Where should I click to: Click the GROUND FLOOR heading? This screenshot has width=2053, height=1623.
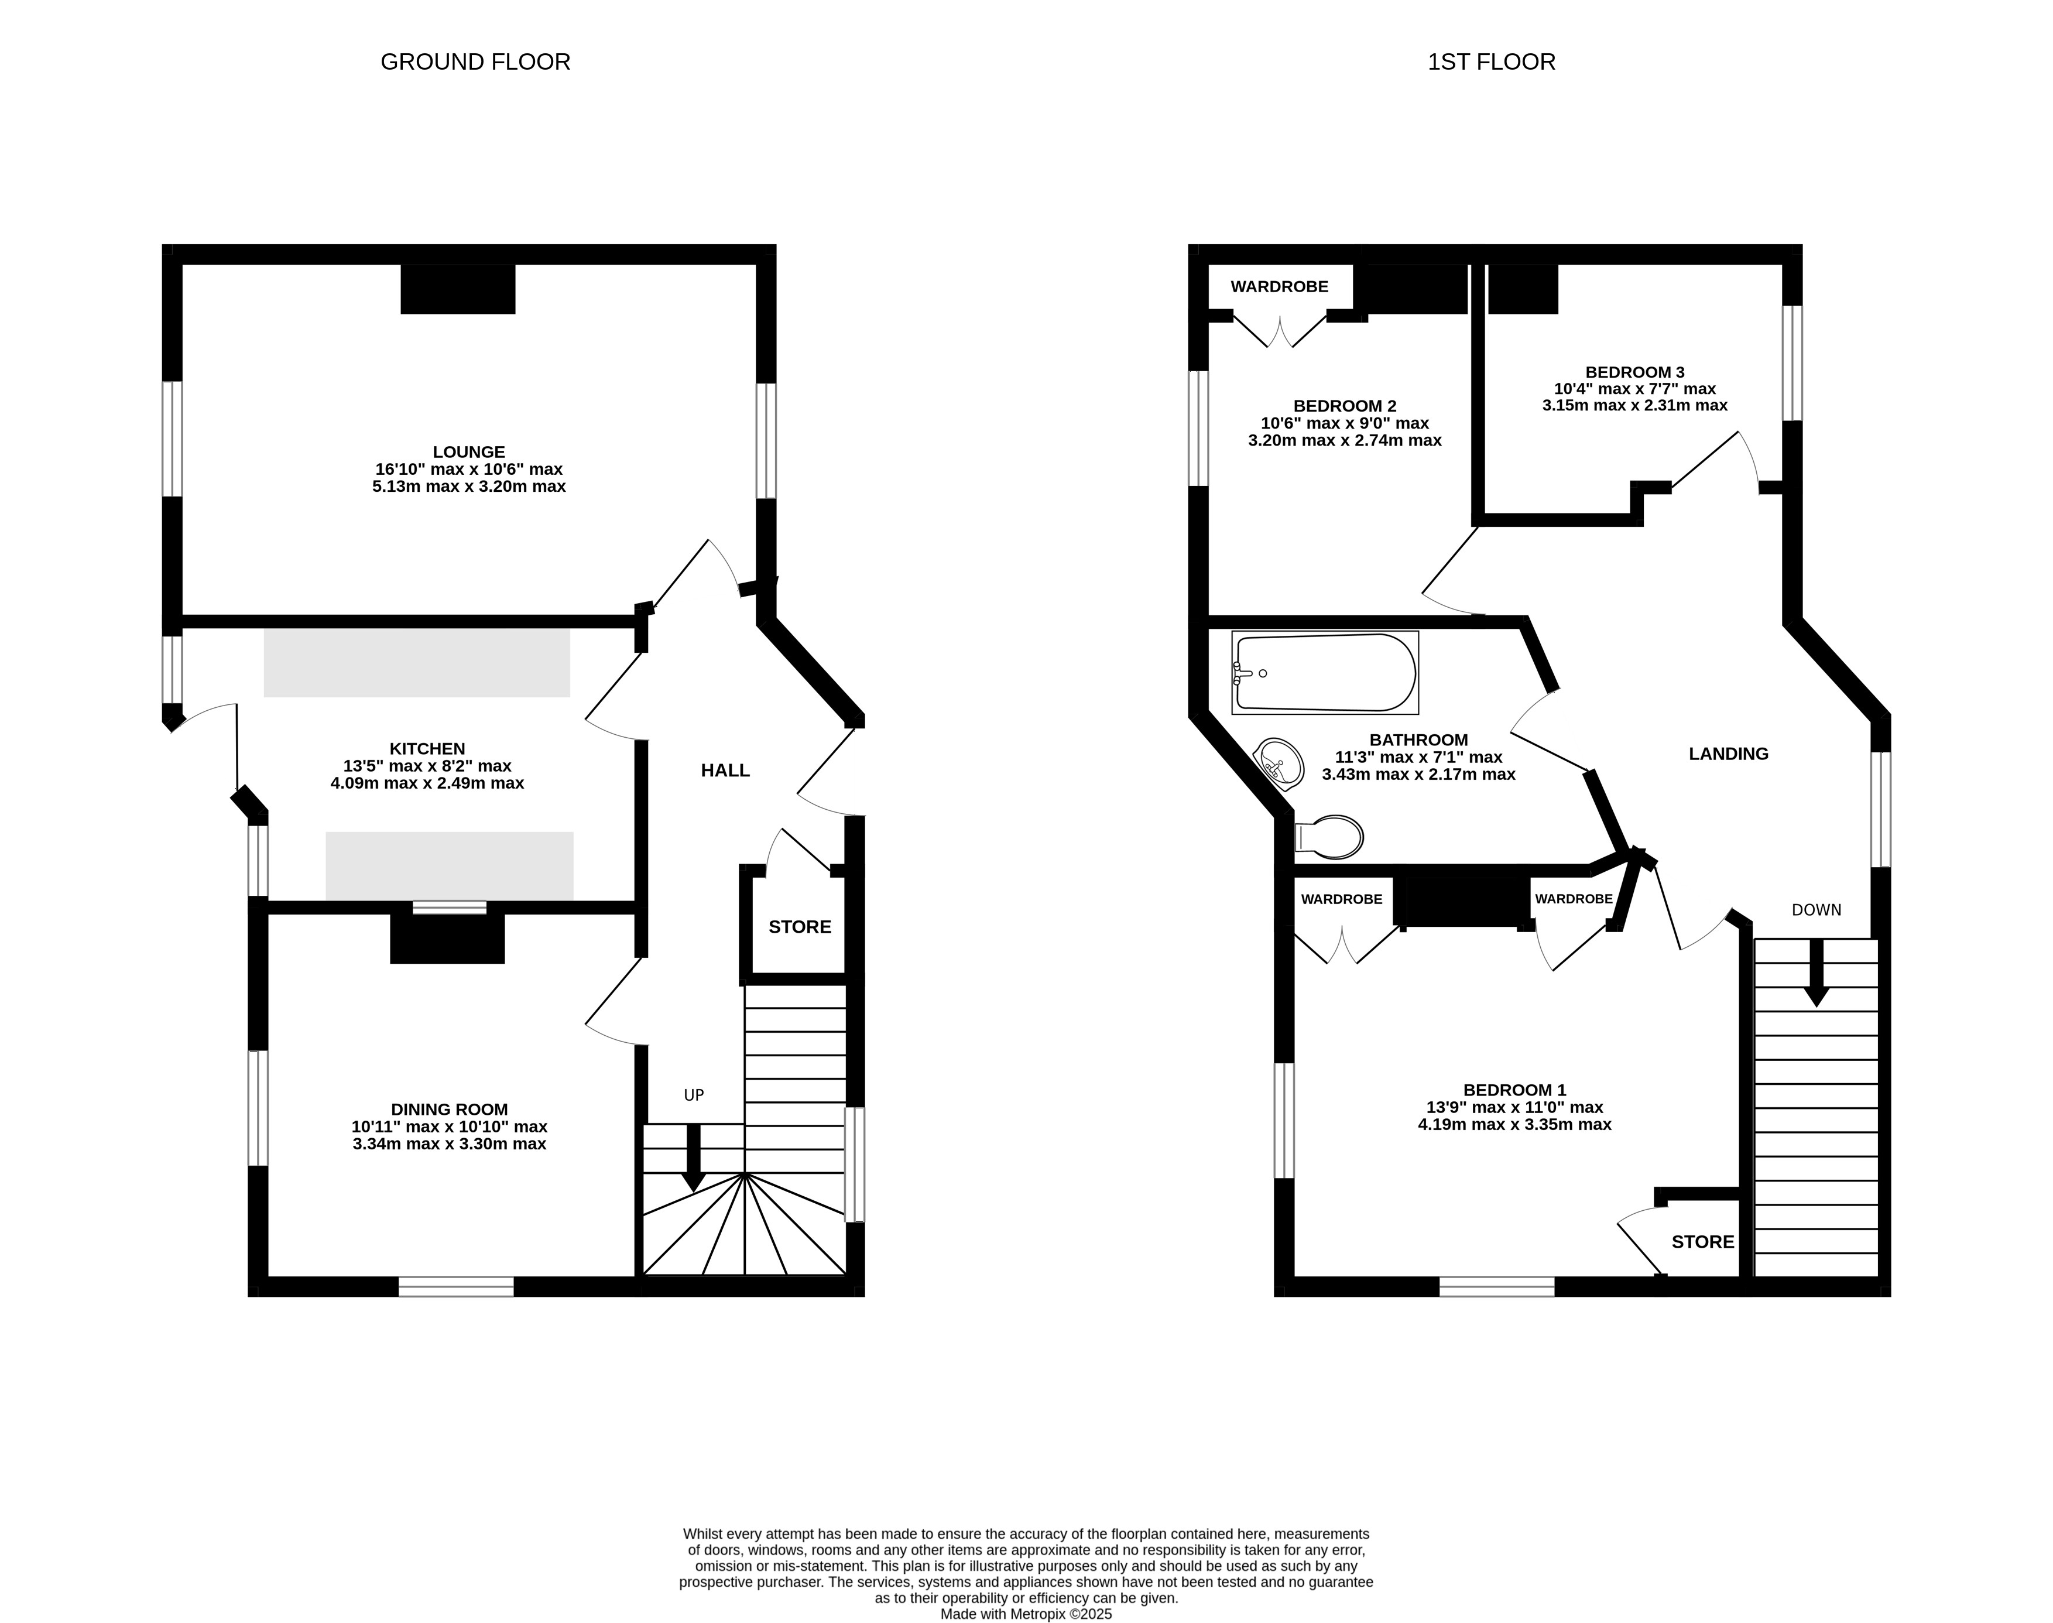point(475,61)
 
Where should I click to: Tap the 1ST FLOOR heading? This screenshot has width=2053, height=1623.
point(1492,61)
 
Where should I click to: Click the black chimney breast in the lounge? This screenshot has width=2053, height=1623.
point(458,289)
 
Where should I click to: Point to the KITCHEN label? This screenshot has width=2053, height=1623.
point(427,749)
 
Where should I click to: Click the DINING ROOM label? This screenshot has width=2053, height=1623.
point(450,1109)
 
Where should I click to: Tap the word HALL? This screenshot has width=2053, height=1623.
point(726,771)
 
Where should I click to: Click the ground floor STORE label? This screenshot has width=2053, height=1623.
point(800,926)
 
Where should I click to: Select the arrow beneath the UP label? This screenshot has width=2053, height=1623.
point(694,1158)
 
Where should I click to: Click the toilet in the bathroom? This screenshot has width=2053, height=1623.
point(1329,836)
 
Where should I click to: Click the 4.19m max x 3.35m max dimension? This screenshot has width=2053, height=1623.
point(1514,1124)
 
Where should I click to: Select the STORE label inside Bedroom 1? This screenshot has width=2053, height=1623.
point(1702,1242)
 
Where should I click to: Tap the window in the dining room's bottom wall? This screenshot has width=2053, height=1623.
point(456,1286)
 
